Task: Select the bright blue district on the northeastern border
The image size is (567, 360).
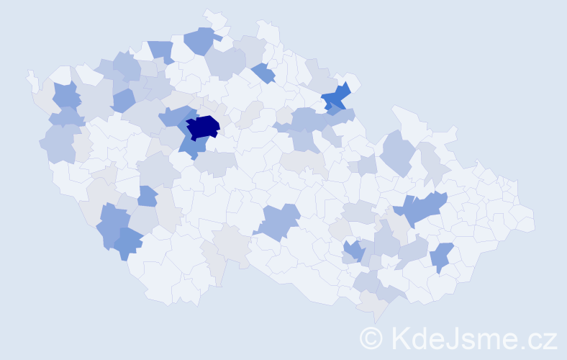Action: (x=335, y=97)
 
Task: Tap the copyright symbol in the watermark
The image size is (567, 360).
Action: (x=371, y=338)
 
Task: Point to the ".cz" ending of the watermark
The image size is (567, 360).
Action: (x=538, y=338)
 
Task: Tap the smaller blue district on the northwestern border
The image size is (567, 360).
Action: (x=161, y=50)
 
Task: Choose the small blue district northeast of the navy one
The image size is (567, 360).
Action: (x=263, y=73)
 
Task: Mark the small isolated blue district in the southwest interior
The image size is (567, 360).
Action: (x=147, y=196)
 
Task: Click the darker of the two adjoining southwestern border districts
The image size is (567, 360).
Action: (x=129, y=243)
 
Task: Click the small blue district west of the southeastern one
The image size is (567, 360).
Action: (x=353, y=251)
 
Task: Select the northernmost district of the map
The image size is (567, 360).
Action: (x=213, y=16)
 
